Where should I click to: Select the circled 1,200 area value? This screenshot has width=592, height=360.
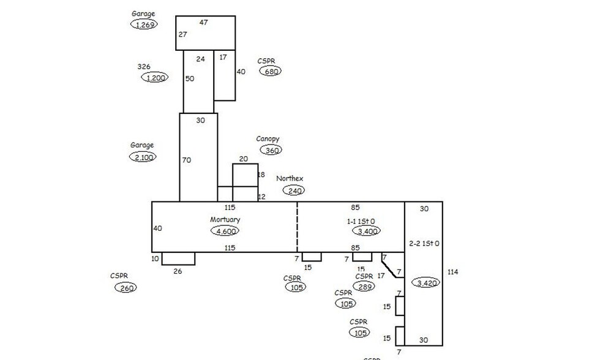(155, 78)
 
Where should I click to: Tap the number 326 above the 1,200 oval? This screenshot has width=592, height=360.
(144, 67)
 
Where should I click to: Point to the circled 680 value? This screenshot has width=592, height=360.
(271, 72)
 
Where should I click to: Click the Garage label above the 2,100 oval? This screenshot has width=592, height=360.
(142, 146)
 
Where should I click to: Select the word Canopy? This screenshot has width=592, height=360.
(268, 139)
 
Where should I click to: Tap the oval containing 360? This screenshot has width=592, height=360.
(271, 151)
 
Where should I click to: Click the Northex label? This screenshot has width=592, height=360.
(290, 179)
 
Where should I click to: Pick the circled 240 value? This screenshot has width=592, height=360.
(293, 190)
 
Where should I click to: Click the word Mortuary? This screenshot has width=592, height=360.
(225, 219)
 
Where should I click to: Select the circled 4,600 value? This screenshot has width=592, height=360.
(225, 231)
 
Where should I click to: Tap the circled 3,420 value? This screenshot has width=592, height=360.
(426, 283)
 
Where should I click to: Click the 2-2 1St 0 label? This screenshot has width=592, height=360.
(424, 244)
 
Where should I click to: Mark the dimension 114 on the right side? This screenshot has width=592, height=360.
(452, 272)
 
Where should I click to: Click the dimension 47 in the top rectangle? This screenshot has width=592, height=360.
(204, 22)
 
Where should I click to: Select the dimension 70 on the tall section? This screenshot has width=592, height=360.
(186, 160)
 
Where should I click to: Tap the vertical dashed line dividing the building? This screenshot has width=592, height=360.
(298, 227)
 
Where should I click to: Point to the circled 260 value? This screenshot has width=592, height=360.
(126, 288)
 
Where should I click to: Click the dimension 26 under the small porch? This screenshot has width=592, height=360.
(178, 271)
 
